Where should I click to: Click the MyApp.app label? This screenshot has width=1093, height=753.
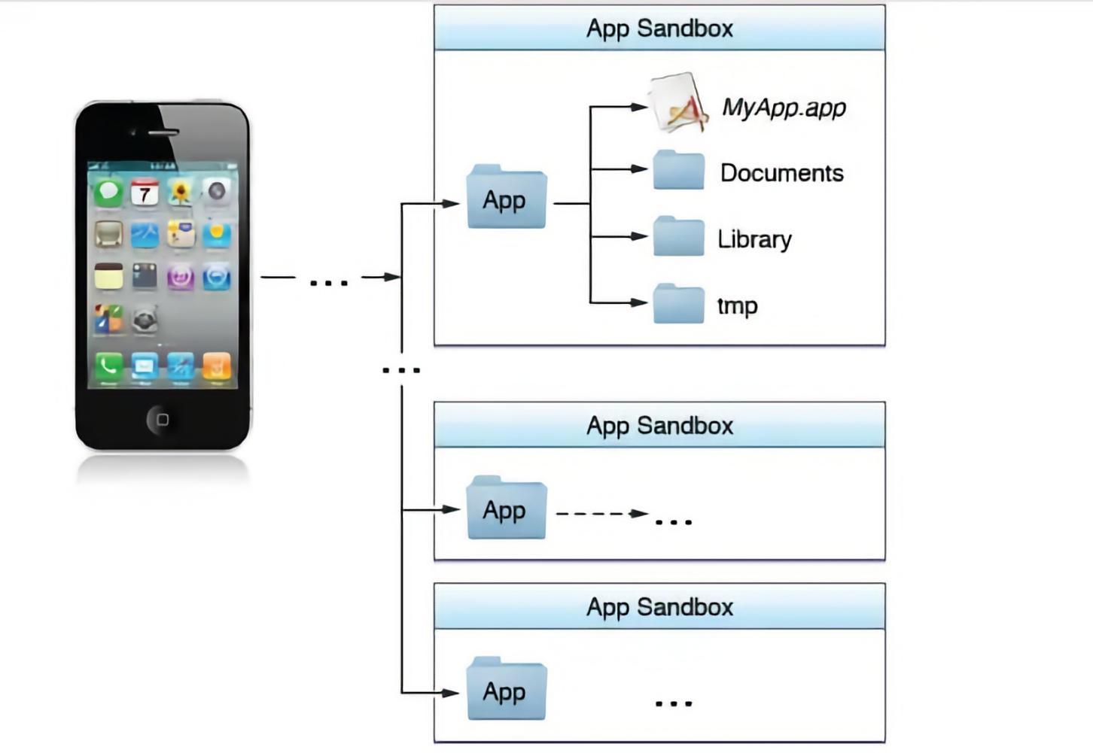[784, 108]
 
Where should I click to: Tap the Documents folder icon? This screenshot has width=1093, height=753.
[678, 171]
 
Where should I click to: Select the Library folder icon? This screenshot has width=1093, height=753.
[678, 237]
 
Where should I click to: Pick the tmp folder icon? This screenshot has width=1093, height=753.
[678, 304]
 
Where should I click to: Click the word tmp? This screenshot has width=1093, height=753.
[737, 305]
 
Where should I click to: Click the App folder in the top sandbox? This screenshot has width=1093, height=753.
[506, 197]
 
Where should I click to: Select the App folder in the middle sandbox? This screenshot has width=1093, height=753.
[506, 508]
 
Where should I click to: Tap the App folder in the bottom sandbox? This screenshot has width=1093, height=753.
[506, 689]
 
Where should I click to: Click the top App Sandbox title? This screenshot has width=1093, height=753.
[659, 29]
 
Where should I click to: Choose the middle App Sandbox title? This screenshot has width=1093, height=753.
[659, 426]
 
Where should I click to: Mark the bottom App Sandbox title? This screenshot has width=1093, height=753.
[659, 607]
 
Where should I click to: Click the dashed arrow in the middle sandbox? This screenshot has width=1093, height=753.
[601, 514]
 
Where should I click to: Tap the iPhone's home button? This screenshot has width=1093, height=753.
[162, 419]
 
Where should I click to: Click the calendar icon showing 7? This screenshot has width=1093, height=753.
[145, 193]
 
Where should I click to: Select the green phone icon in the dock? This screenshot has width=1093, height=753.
[108, 366]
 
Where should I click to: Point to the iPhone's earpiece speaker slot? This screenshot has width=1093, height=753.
[163, 132]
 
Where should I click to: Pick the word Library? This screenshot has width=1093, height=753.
[754, 239]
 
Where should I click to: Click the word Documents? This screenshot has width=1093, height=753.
[781, 173]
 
